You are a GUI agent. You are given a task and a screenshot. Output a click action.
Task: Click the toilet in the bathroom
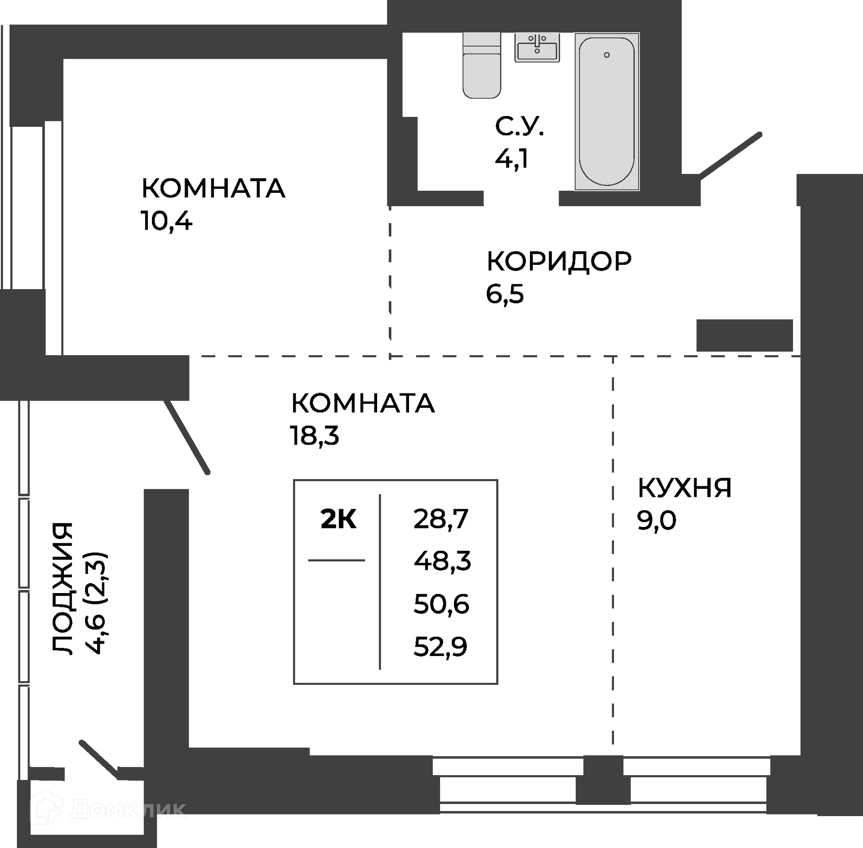[481, 65]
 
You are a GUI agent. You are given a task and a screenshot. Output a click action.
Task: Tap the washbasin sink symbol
[537, 47]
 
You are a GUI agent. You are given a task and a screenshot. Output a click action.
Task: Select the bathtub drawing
[607, 112]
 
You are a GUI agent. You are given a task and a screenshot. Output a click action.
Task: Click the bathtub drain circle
[607, 55]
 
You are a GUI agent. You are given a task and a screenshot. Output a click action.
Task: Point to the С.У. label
[520, 127]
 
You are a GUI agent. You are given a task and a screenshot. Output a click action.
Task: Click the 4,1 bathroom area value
[512, 159]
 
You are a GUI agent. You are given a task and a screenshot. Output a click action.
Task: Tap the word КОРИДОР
[559, 261]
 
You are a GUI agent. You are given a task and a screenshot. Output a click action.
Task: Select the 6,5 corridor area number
[505, 294]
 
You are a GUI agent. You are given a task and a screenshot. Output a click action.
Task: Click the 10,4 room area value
[166, 221]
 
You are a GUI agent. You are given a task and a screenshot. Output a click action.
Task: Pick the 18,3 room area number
[314, 436]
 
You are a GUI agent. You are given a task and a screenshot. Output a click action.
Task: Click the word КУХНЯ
[684, 488]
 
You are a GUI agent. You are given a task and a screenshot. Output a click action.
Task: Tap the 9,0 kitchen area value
[656, 521]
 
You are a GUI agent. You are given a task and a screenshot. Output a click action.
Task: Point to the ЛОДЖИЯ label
[62, 589]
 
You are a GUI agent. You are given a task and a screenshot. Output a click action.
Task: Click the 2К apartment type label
[338, 520]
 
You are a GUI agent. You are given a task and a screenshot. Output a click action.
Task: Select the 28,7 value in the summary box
[440, 519]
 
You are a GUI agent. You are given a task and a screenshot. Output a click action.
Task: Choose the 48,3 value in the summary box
[442, 561]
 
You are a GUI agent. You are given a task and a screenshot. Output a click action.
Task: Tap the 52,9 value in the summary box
[440, 647]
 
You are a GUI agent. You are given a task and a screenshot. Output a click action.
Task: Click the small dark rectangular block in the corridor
[744, 335]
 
